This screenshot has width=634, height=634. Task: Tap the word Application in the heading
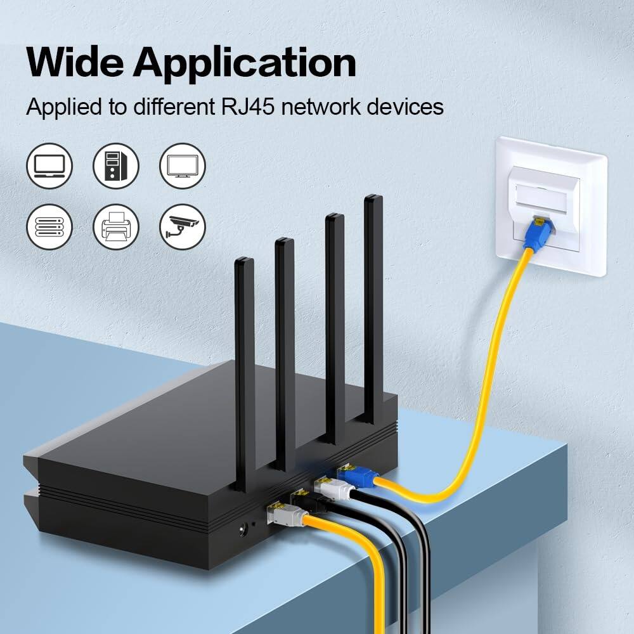[x=244, y=63]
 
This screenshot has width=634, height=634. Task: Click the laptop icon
[x=49, y=166]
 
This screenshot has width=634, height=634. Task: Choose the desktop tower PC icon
[x=115, y=166]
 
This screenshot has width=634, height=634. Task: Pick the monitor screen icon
[x=182, y=166]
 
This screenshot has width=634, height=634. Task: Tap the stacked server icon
[x=49, y=226]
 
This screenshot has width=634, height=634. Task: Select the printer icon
[x=115, y=226]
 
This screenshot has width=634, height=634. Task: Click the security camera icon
[x=182, y=226]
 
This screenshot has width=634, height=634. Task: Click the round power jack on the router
[x=242, y=526]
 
